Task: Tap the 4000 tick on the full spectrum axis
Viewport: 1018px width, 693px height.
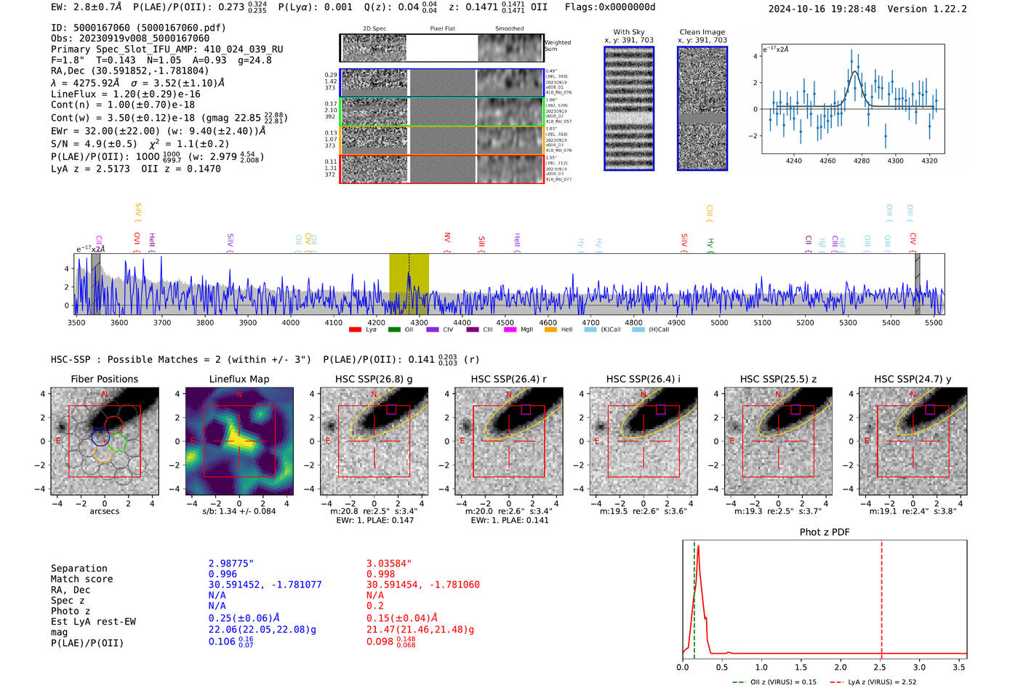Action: tap(291, 323)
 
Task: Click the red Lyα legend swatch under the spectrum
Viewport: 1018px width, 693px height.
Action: tap(355, 330)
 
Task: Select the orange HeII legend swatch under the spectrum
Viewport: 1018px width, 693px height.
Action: tap(550, 330)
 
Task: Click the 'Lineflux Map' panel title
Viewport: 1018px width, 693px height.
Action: tap(239, 379)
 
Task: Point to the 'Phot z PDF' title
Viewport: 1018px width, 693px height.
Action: tap(825, 532)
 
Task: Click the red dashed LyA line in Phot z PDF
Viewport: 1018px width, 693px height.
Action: tap(881, 596)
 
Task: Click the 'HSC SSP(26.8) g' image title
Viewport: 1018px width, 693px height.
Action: tap(374, 379)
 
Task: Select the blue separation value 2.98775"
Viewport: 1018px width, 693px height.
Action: tap(231, 564)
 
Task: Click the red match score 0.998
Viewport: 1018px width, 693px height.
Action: tap(380, 574)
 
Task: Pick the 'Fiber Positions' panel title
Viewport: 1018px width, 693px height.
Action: tap(104, 379)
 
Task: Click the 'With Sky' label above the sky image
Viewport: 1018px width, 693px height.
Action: tap(629, 32)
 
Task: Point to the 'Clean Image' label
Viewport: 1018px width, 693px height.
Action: tap(702, 32)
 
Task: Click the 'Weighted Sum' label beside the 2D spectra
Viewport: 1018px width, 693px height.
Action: tap(557, 46)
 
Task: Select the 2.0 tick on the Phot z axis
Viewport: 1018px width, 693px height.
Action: tap(841, 667)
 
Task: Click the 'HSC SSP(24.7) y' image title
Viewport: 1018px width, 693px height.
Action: tap(913, 379)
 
